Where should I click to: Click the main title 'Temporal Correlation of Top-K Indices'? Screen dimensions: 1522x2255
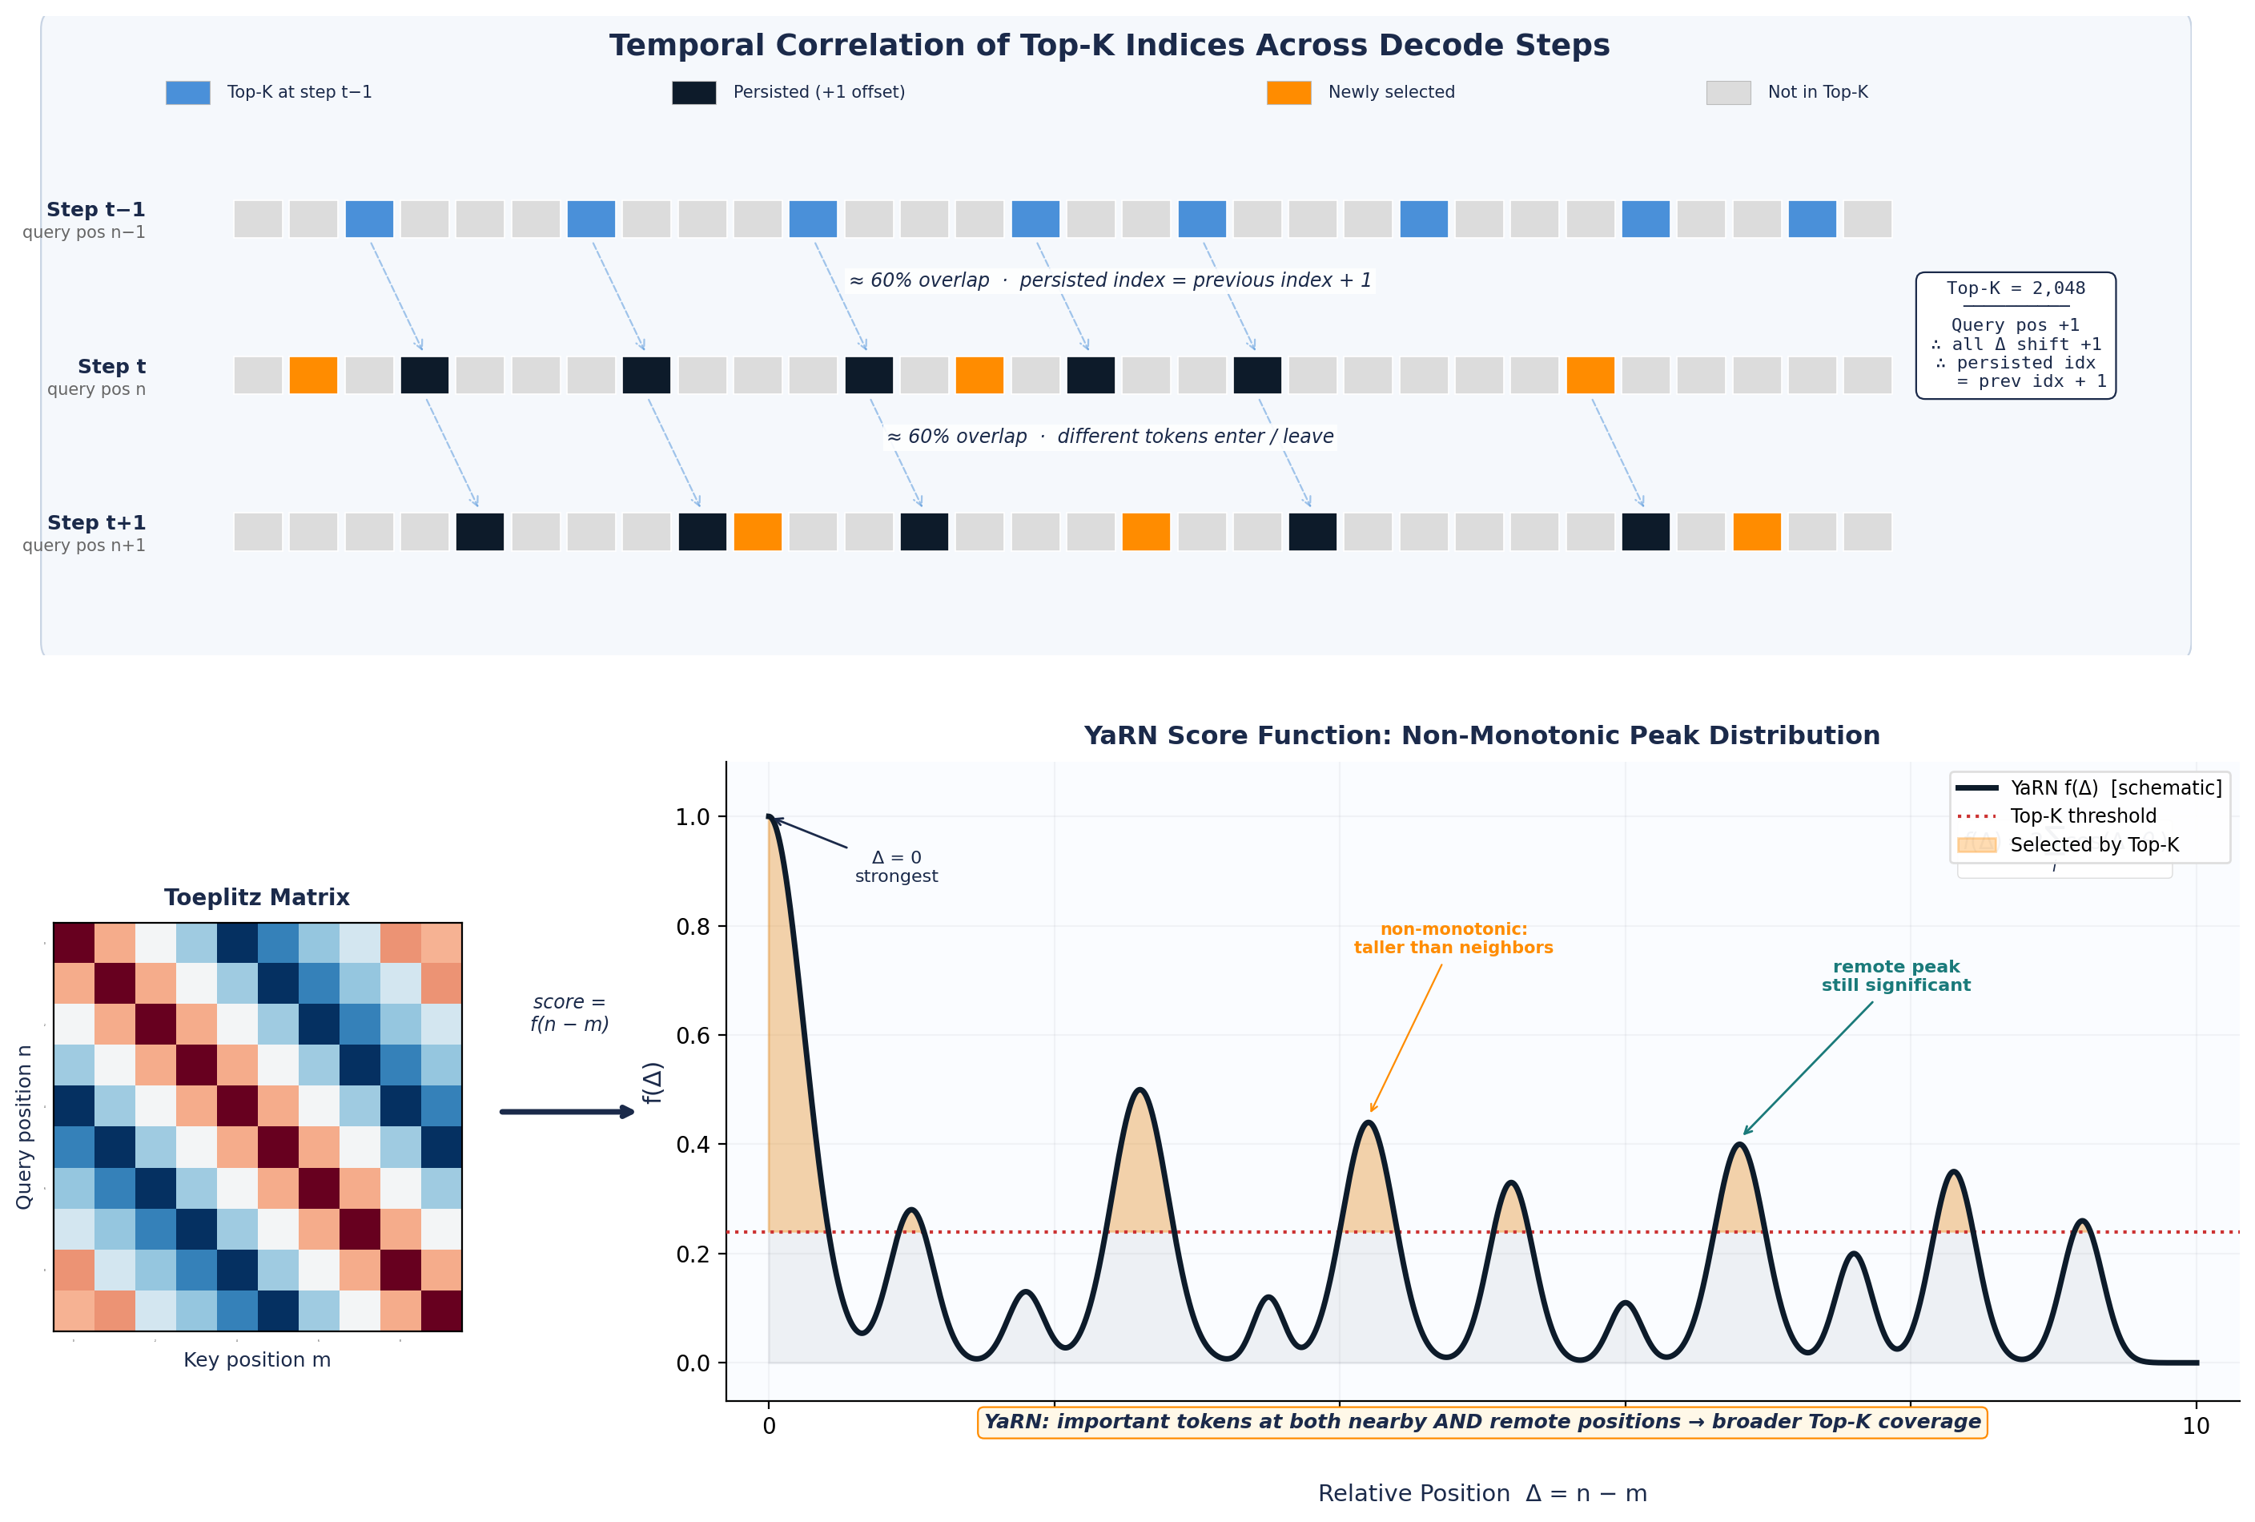click(x=1108, y=46)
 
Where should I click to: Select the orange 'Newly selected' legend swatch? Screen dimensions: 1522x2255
click(x=1288, y=92)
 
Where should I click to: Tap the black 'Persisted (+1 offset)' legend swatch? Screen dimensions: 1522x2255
click(x=693, y=92)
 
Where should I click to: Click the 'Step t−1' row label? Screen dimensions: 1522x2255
click(x=95, y=210)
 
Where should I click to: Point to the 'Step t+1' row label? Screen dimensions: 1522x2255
click(x=95, y=523)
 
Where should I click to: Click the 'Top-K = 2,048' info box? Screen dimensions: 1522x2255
click(x=2016, y=335)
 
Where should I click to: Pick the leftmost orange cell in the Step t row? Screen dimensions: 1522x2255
click(x=313, y=376)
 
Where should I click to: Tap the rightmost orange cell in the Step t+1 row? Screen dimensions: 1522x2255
click(x=1756, y=532)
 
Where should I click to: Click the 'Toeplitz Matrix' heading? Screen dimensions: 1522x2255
click(x=256, y=897)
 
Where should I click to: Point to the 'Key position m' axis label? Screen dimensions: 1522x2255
click(x=257, y=1360)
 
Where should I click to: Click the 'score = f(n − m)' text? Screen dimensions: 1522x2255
click(x=569, y=1013)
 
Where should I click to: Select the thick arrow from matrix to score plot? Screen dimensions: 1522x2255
click(x=568, y=1111)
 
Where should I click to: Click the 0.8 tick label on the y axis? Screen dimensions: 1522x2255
click(x=693, y=927)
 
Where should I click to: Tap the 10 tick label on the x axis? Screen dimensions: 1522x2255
click(x=2196, y=1426)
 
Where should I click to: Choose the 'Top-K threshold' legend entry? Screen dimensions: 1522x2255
click(x=2082, y=816)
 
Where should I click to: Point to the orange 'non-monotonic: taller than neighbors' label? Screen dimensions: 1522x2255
click(x=1453, y=939)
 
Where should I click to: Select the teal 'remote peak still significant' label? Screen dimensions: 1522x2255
click(x=1895, y=976)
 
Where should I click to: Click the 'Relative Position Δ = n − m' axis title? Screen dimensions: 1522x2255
click(x=1481, y=1493)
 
